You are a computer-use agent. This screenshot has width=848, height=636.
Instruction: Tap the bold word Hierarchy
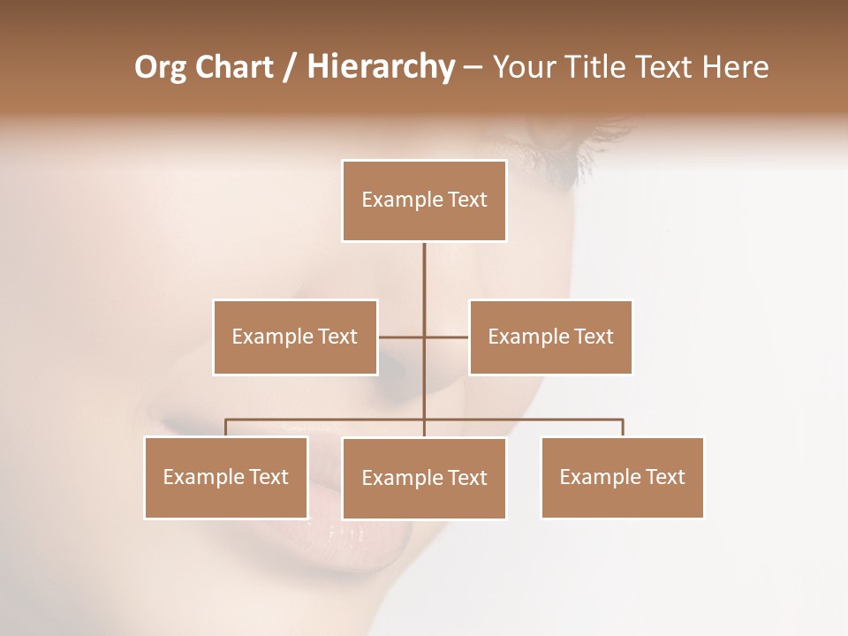(x=380, y=67)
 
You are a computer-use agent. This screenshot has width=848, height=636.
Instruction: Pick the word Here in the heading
(x=732, y=67)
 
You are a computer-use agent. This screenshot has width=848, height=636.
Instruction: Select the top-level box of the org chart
(x=424, y=201)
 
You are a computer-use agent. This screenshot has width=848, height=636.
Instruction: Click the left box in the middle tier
(x=295, y=337)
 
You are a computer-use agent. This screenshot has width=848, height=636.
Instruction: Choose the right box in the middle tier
(x=550, y=337)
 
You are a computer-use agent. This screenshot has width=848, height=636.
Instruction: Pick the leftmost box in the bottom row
(x=226, y=477)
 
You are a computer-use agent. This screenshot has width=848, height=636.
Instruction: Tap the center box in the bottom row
(x=424, y=478)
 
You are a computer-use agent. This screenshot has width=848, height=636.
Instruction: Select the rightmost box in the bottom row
(x=622, y=477)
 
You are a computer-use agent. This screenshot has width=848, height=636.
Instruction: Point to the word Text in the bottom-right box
(x=665, y=477)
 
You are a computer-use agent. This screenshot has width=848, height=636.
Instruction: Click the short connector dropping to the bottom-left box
(x=225, y=428)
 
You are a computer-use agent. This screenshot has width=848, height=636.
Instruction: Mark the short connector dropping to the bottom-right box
(x=623, y=428)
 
